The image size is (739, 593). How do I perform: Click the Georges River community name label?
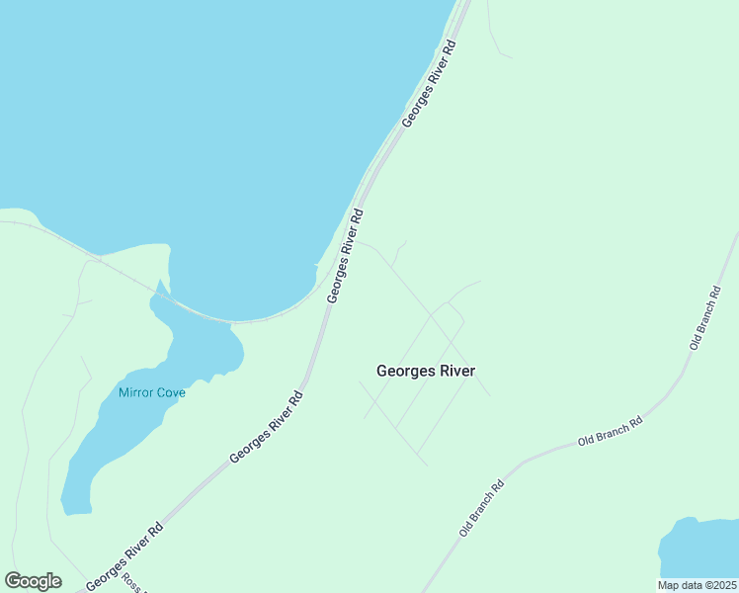[426, 372]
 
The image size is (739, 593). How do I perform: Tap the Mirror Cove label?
[152, 392]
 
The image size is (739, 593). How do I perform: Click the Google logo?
[33, 581]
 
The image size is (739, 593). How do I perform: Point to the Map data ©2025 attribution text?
[697, 585]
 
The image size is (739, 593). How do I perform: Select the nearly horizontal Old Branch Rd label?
[611, 432]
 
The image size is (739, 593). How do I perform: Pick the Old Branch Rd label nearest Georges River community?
[482, 508]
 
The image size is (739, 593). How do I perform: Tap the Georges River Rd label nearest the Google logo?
[124, 556]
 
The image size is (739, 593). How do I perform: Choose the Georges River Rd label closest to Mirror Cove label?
[267, 427]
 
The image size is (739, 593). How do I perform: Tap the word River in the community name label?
[455, 372]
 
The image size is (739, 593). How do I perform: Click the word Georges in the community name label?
[403, 372]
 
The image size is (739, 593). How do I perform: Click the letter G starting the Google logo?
[13, 580]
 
